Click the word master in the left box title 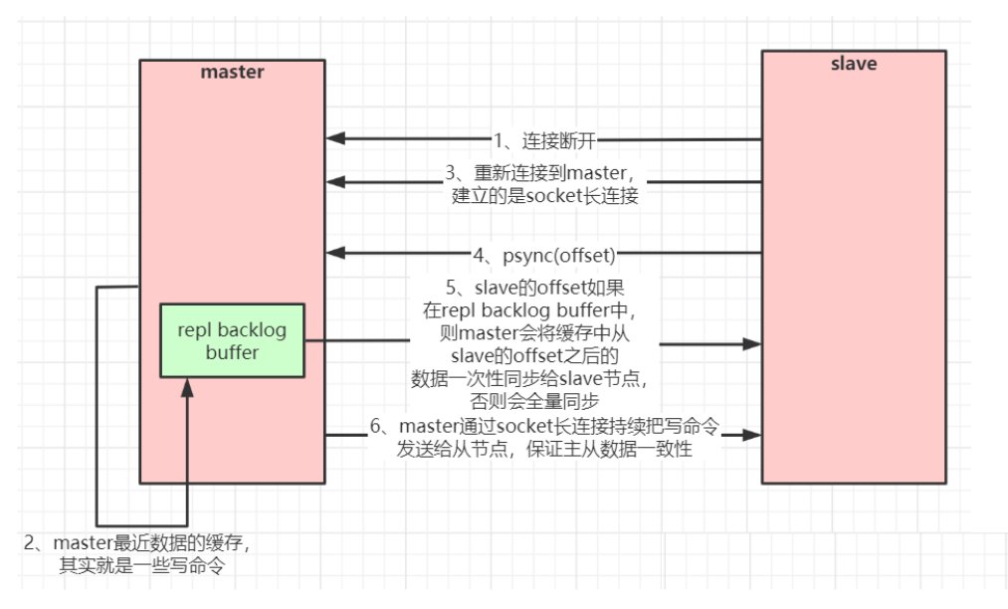click(232, 72)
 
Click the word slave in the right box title click(854, 64)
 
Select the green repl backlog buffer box click(232, 340)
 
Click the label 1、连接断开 click(543, 139)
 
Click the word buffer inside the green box click(232, 352)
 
